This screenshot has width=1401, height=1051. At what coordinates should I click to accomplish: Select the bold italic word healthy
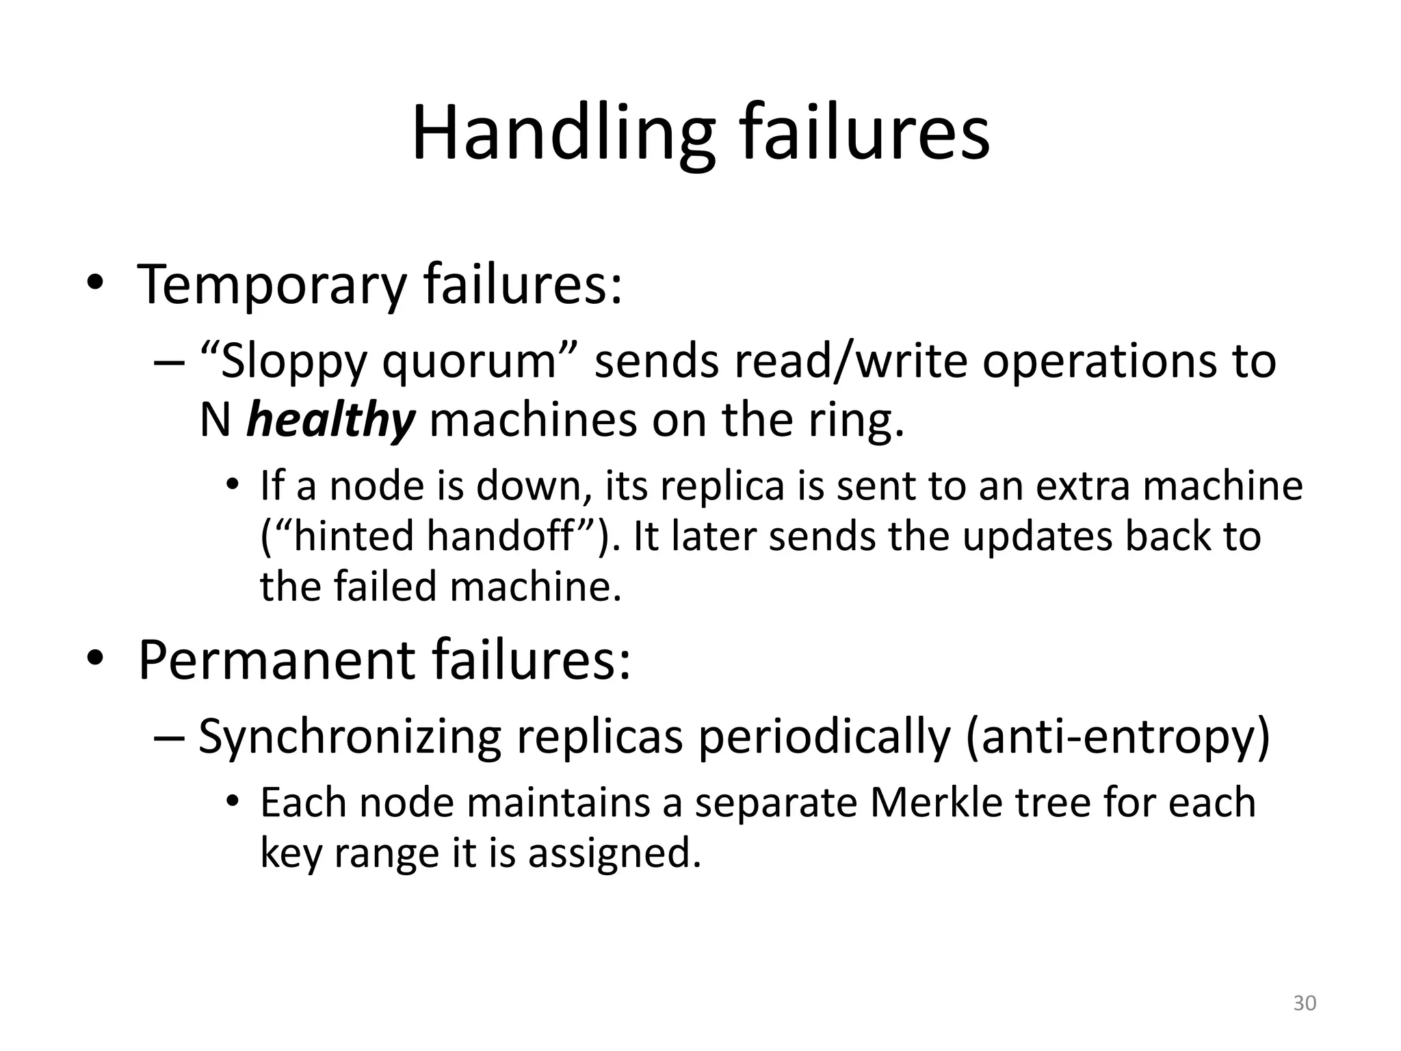330,419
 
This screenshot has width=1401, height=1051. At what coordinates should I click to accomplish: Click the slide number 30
1305,1003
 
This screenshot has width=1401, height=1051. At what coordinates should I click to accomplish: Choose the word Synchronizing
349,737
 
